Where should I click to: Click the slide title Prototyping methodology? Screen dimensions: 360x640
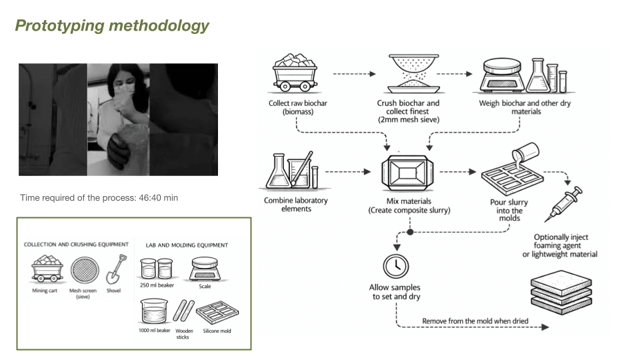pyautogui.click(x=112, y=26)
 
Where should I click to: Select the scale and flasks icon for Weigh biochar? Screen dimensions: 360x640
pyautogui.click(x=524, y=75)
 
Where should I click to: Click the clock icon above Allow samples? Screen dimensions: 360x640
pyautogui.click(x=395, y=267)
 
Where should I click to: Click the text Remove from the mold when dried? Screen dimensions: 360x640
pyautogui.click(x=475, y=321)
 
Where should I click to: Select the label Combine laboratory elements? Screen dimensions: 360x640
pyautogui.click(x=297, y=204)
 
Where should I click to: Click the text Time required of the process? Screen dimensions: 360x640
pyautogui.click(x=99, y=198)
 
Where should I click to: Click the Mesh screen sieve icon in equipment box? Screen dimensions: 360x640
pyautogui.click(x=83, y=271)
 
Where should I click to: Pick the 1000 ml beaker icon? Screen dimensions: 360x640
pyautogui.click(x=155, y=313)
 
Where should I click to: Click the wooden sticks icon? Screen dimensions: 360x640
pyautogui.click(x=183, y=313)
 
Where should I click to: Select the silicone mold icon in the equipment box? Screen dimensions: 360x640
pyautogui.click(x=217, y=312)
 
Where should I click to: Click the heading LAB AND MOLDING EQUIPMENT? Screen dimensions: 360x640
pyautogui.click(x=187, y=245)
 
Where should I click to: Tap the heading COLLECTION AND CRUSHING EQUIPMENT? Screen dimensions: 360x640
pyautogui.click(x=76, y=245)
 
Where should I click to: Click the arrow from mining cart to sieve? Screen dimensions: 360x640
pyautogui.click(x=355, y=74)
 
